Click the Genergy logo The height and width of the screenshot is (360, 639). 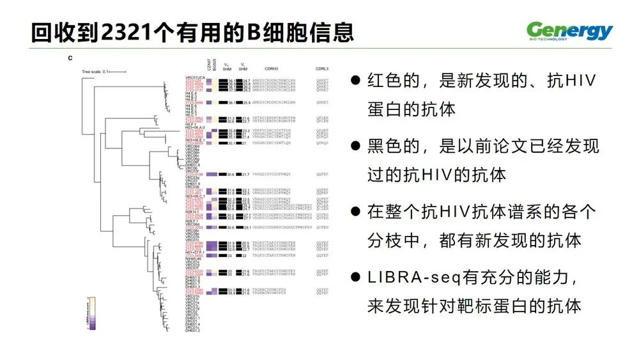[569, 30]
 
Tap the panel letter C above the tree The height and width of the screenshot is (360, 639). [70, 59]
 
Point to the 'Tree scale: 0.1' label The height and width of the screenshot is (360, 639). [96, 71]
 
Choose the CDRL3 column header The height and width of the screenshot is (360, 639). [322, 67]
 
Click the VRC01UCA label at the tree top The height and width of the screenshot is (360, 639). [194, 78]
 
